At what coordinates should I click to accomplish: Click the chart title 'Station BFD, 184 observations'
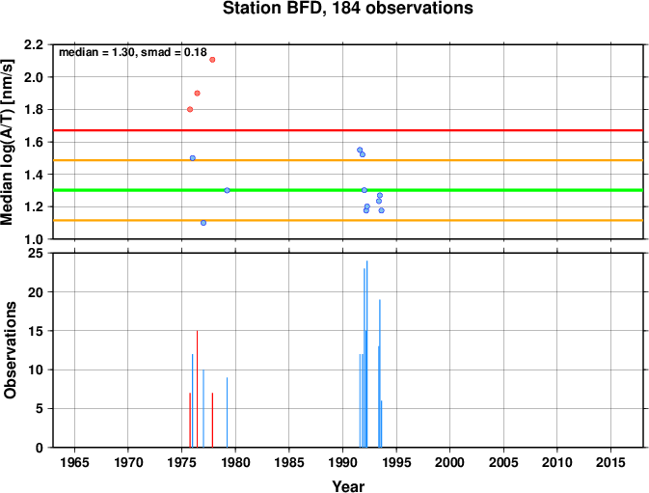348,9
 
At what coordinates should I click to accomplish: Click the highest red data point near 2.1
212,60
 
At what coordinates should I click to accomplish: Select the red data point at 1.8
190,109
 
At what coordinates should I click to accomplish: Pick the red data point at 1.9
197,94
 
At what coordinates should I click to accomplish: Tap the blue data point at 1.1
203,223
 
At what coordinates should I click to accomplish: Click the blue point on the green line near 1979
227,190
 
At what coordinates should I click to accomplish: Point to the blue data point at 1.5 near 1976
193,158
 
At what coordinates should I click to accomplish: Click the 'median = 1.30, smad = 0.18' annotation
133,52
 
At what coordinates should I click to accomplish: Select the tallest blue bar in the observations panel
366,354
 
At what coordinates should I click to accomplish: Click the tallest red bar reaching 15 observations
197,389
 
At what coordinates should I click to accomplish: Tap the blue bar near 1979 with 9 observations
227,412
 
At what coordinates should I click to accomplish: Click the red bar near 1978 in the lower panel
212,420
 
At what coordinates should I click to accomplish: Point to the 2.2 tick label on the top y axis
34,44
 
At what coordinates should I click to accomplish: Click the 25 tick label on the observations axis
35,253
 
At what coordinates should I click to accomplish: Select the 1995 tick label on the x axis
396,462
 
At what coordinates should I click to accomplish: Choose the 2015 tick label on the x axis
610,462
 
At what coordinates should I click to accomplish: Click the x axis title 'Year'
348,486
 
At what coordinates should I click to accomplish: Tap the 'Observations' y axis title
10,350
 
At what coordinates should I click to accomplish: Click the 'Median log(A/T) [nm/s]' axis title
8,142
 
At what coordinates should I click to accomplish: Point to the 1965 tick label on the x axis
74,462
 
